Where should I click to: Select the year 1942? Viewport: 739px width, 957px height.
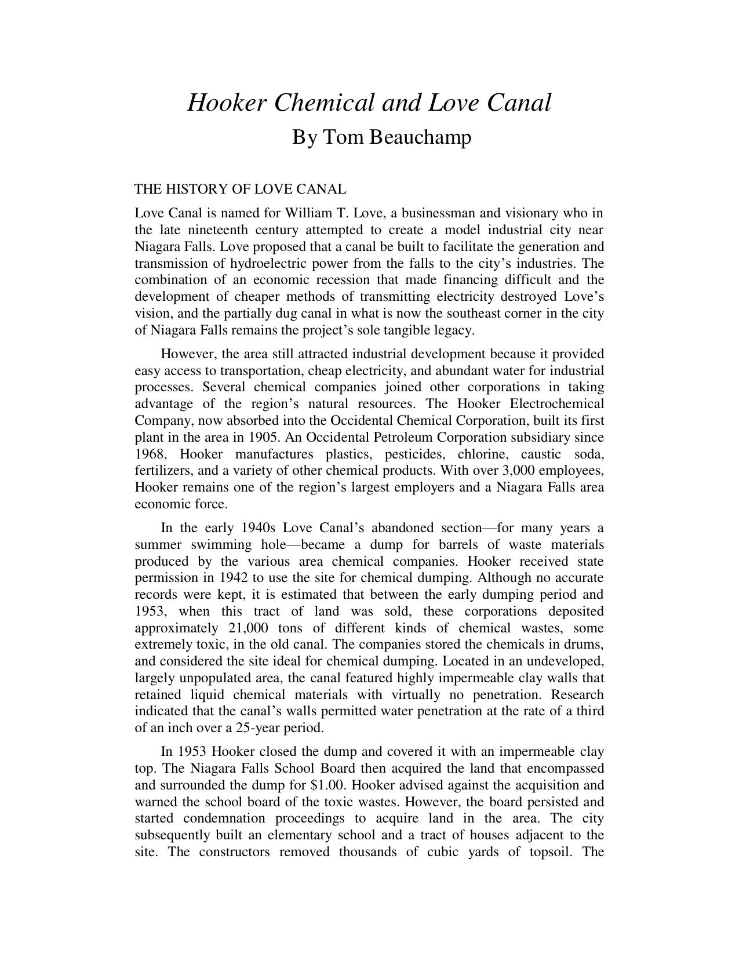(x=233, y=578)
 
